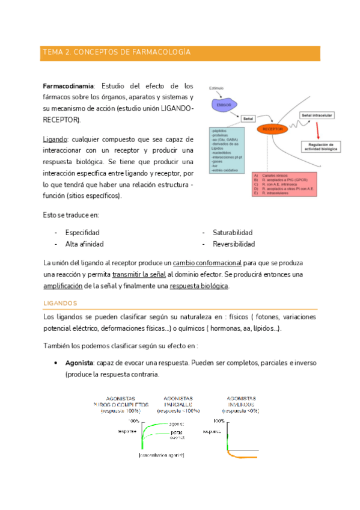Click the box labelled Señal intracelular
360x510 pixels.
tap(317, 115)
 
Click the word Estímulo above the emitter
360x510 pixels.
tap(216, 88)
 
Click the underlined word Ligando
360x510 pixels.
tap(55, 139)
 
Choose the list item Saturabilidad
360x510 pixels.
tap(233, 232)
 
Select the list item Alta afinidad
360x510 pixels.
tap(84, 244)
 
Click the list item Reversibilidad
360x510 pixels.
tap(234, 244)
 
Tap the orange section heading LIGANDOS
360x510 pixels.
tap(61, 303)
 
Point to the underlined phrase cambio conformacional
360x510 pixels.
tap(207, 263)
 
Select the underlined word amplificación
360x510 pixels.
tap(63, 286)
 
